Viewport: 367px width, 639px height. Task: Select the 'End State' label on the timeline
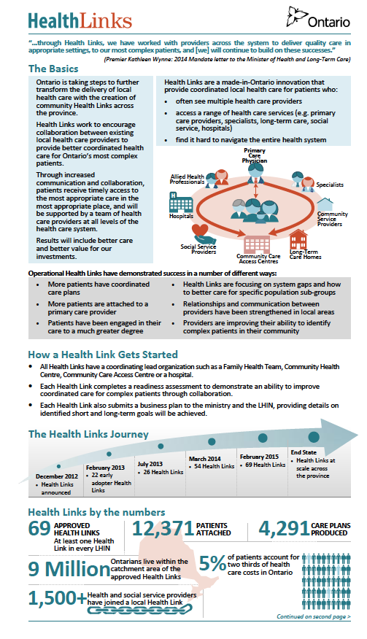[x=304, y=452]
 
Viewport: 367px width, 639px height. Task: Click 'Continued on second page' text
[x=312, y=616]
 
